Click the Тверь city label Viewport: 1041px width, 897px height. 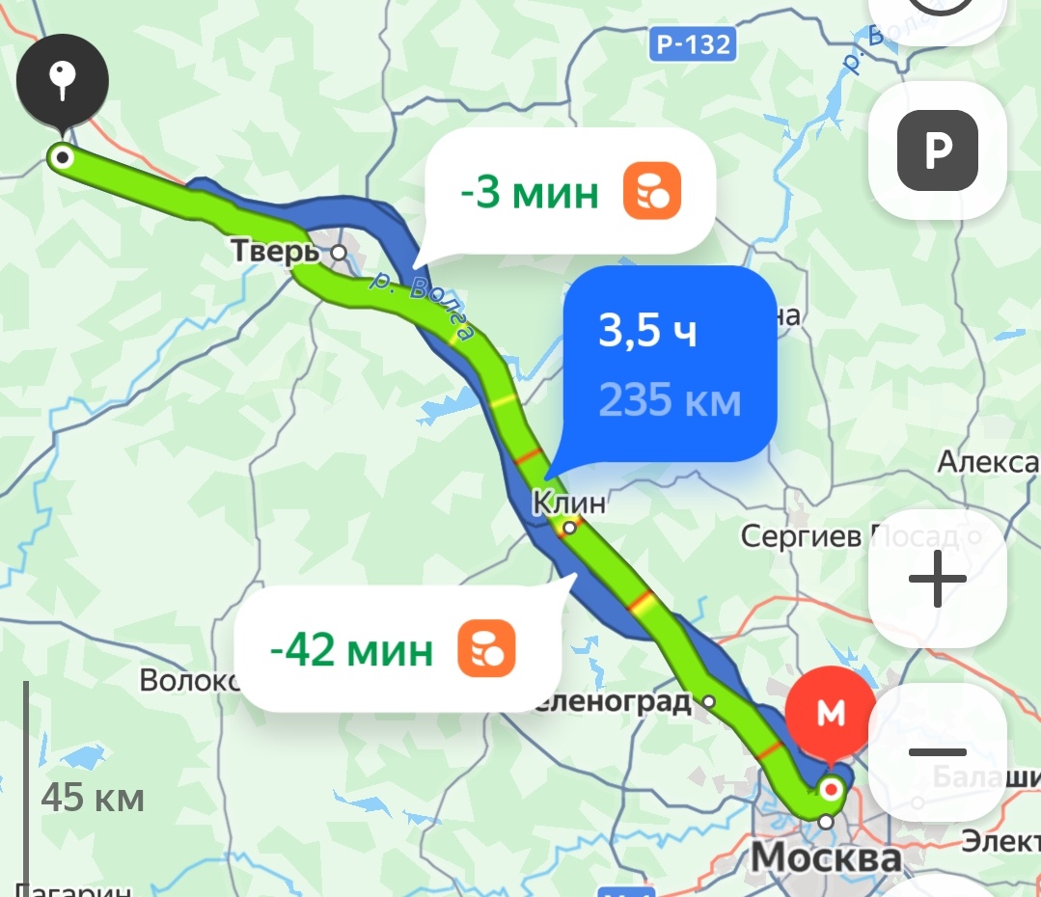coord(275,252)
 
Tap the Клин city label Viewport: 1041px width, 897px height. coord(569,503)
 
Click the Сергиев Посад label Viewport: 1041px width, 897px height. coord(849,536)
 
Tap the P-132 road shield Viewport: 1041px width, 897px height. coord(694,43)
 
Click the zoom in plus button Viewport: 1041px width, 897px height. coord(937,580)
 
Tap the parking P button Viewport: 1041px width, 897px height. coord(937,151)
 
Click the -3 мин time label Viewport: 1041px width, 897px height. coord(529,194)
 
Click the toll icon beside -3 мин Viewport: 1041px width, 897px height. coord(652,191)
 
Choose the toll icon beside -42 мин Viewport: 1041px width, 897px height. coord(486,649)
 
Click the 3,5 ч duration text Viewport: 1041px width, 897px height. coord(647,330)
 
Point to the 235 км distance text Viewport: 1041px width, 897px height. coord(670,398)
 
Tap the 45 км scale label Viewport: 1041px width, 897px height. coord(93,799)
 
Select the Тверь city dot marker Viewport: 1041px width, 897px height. coord(339,252)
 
